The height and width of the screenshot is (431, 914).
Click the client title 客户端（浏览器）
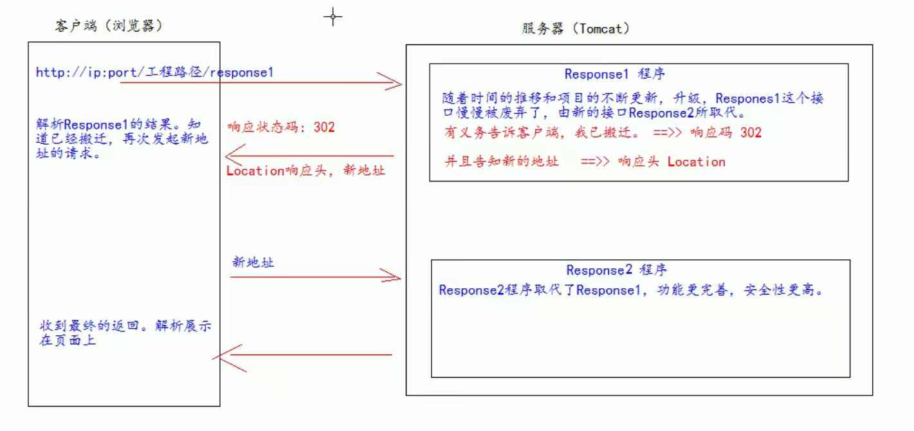pos(109,26)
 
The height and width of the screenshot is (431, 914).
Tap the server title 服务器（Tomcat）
pos(575,29)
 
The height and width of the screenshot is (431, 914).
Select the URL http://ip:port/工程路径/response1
pos(154,73)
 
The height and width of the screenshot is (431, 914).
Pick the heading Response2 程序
pos(616,270)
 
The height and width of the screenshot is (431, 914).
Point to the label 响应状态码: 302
pos(281,127)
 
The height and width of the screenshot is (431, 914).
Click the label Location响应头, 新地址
pos(306,171)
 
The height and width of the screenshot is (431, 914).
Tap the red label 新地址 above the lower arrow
pos(253,262)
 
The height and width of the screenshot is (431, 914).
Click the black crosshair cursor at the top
pos(333,17)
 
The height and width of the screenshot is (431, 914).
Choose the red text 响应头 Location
pos(672,162)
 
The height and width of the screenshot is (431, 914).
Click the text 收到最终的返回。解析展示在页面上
pos(124,333)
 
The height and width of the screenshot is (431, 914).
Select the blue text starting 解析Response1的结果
pos(122,139)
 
